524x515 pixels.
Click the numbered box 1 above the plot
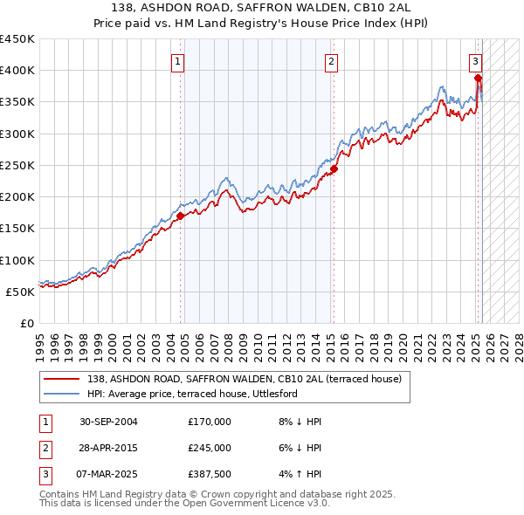pos(177,61)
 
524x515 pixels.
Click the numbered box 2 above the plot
pos(332,61)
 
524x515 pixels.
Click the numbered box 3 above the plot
pos(475,61)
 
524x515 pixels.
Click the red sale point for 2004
pos(180,216)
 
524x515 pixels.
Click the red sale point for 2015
pos(334,168)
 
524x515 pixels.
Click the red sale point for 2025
pos(478,79)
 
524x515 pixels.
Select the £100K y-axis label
pos(17,260)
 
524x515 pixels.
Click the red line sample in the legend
pos(62,379)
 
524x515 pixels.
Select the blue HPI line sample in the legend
pos(62,394)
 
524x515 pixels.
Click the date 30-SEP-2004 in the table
pos(108,422)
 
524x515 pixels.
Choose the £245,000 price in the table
pos(209,448)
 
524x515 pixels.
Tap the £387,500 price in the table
pos(209,475)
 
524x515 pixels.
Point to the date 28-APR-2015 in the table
pos(108,448)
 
